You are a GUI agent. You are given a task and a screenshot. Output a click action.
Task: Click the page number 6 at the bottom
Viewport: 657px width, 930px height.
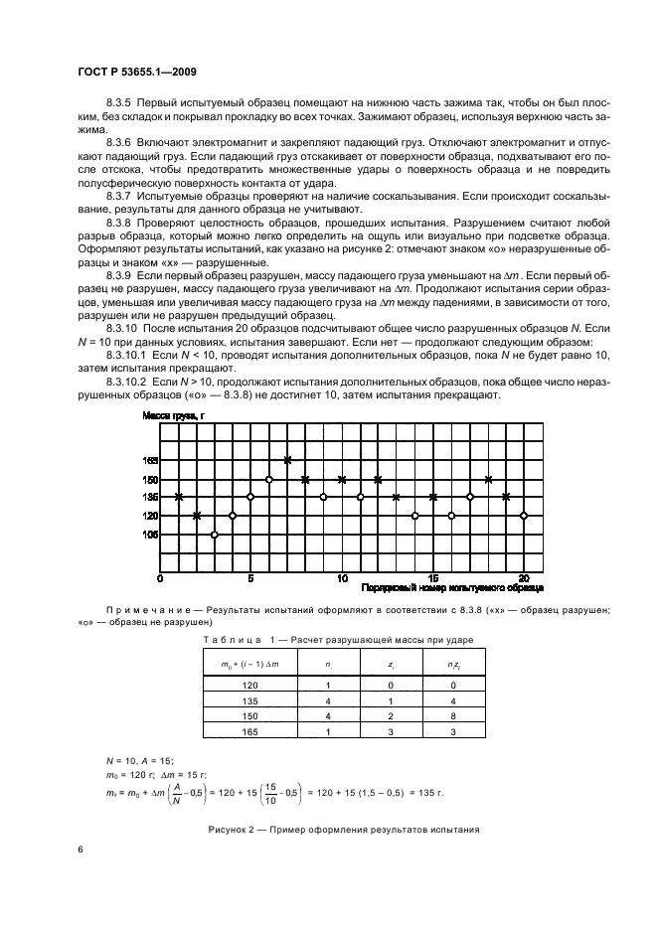tap(81, 851)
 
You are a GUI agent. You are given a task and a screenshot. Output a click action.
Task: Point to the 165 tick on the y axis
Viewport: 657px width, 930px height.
tap(150, 460)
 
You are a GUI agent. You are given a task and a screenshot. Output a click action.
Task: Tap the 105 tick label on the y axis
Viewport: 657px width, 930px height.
tap(150, 535)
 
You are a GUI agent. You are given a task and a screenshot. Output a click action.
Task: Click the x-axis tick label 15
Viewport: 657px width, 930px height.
tap(433, 577)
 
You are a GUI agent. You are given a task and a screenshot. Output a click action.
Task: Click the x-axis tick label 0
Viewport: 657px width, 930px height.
tap(161, 577)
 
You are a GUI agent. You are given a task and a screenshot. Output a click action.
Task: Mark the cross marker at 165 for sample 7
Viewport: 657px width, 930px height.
tap(287, 460)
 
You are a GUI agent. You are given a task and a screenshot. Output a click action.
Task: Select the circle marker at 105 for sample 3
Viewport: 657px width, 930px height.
tap(215, 535)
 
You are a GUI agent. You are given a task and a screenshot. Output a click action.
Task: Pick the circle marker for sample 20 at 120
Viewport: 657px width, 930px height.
tap(524, 516)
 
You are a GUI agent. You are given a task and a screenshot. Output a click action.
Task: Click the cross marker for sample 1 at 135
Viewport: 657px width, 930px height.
tap(179, 497)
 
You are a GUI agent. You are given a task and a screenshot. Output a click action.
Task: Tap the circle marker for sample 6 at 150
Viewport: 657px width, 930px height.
tap(269, 479)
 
